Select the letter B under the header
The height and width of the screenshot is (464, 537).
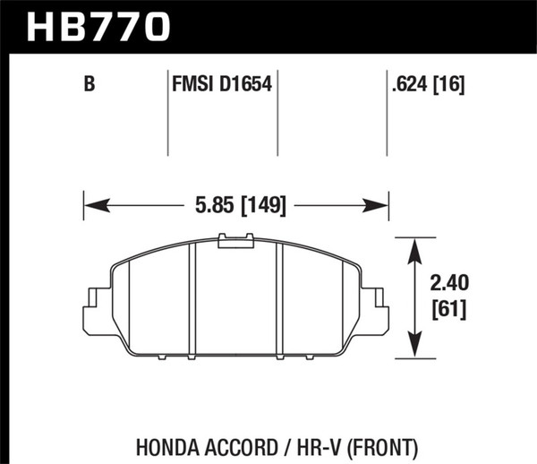[x=89, y=86]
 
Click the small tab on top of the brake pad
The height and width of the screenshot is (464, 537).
[x=235, y=239]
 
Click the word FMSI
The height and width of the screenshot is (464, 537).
[x=191, y=86]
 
